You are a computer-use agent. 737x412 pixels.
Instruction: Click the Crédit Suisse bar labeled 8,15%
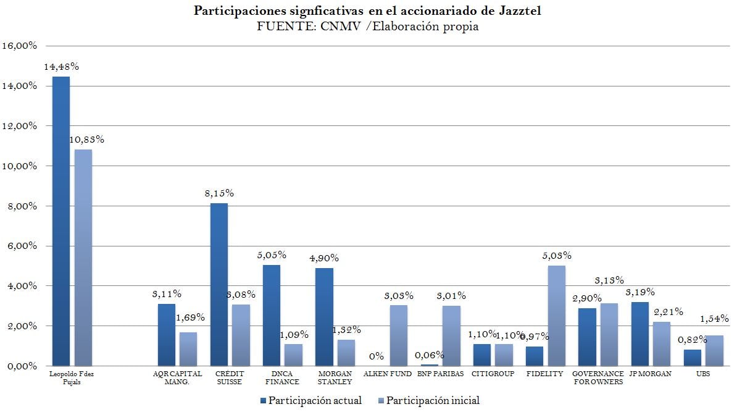(x=219, y=284)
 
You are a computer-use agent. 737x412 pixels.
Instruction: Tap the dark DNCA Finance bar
(x=271, y=315)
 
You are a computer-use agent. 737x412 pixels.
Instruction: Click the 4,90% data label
(x=323, y=258)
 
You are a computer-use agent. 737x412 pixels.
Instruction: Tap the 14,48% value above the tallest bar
(x=60, y=67)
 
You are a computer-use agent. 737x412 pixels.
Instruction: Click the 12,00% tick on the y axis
(x=20, y=126)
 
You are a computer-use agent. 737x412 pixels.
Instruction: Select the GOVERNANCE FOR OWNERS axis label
(x=598, y=377)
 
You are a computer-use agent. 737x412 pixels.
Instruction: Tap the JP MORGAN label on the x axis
(x=651, y=374)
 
